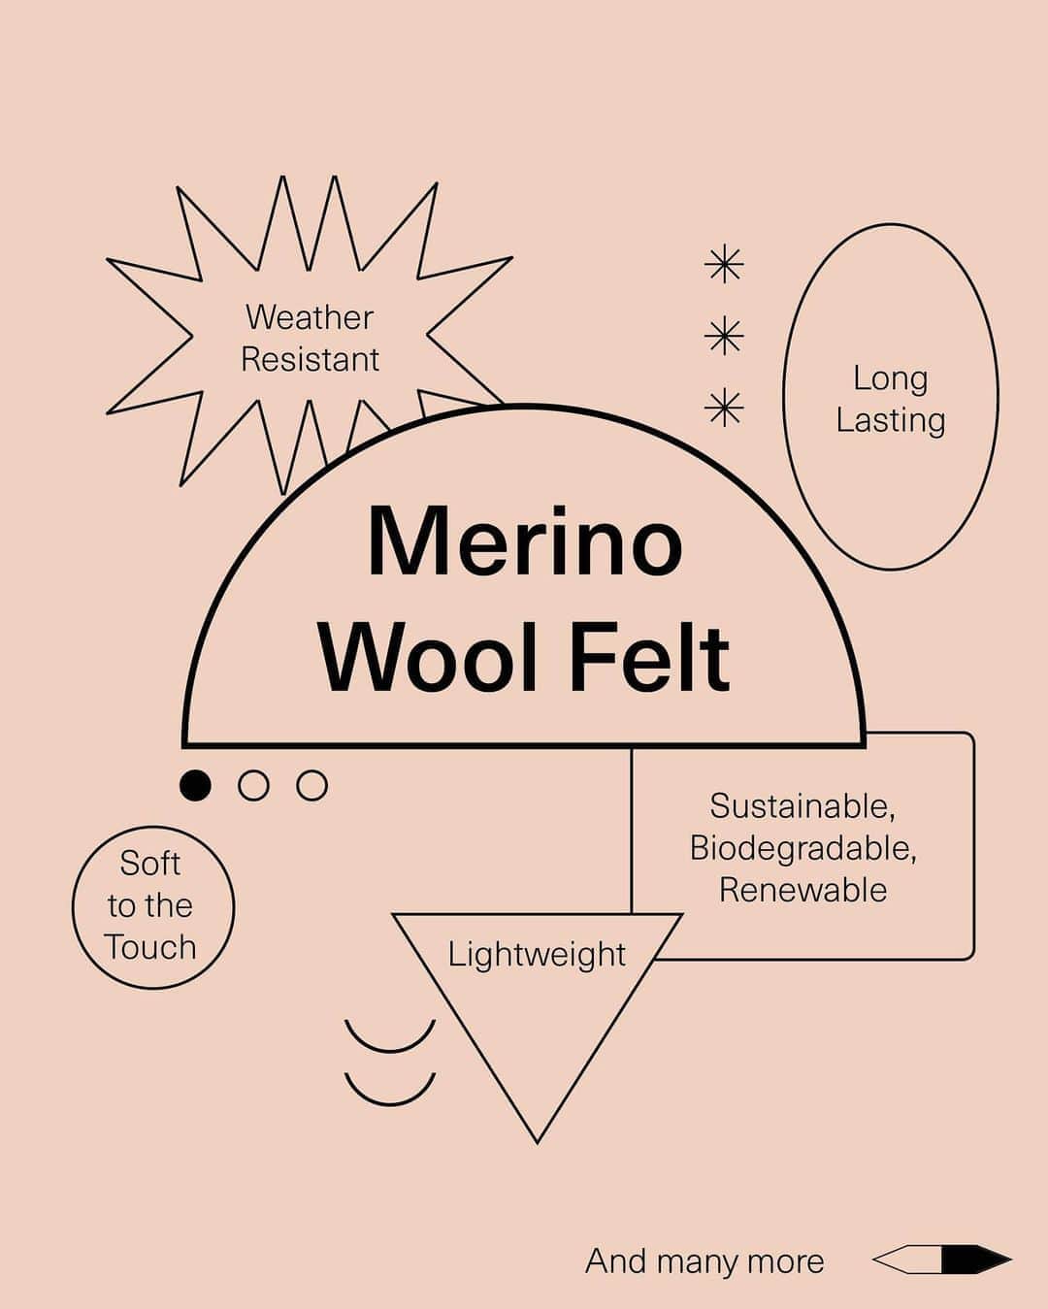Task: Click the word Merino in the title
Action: tap(525, 540)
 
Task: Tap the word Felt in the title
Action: tap(650, 658)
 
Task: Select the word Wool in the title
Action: tap(430, 658)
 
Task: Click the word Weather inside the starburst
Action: tap(310, 317)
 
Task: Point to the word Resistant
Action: tap(311, 359)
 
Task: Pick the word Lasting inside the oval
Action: tap(891, 421)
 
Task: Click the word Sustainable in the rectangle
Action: tap(802, 806)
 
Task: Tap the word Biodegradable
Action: tap(802, 848)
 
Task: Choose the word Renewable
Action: tap(802, 891)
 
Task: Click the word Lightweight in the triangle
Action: tap(537, 955)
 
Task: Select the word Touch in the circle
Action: tap(150, 947)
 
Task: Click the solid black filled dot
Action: tap(195, 785)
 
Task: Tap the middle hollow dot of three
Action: tap(253, 785)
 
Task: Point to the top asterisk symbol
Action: tap(724, 265)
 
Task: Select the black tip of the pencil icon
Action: tap(976, 1260)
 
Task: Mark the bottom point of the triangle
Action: tap(537, 1143)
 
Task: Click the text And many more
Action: tap(704, 1260)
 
